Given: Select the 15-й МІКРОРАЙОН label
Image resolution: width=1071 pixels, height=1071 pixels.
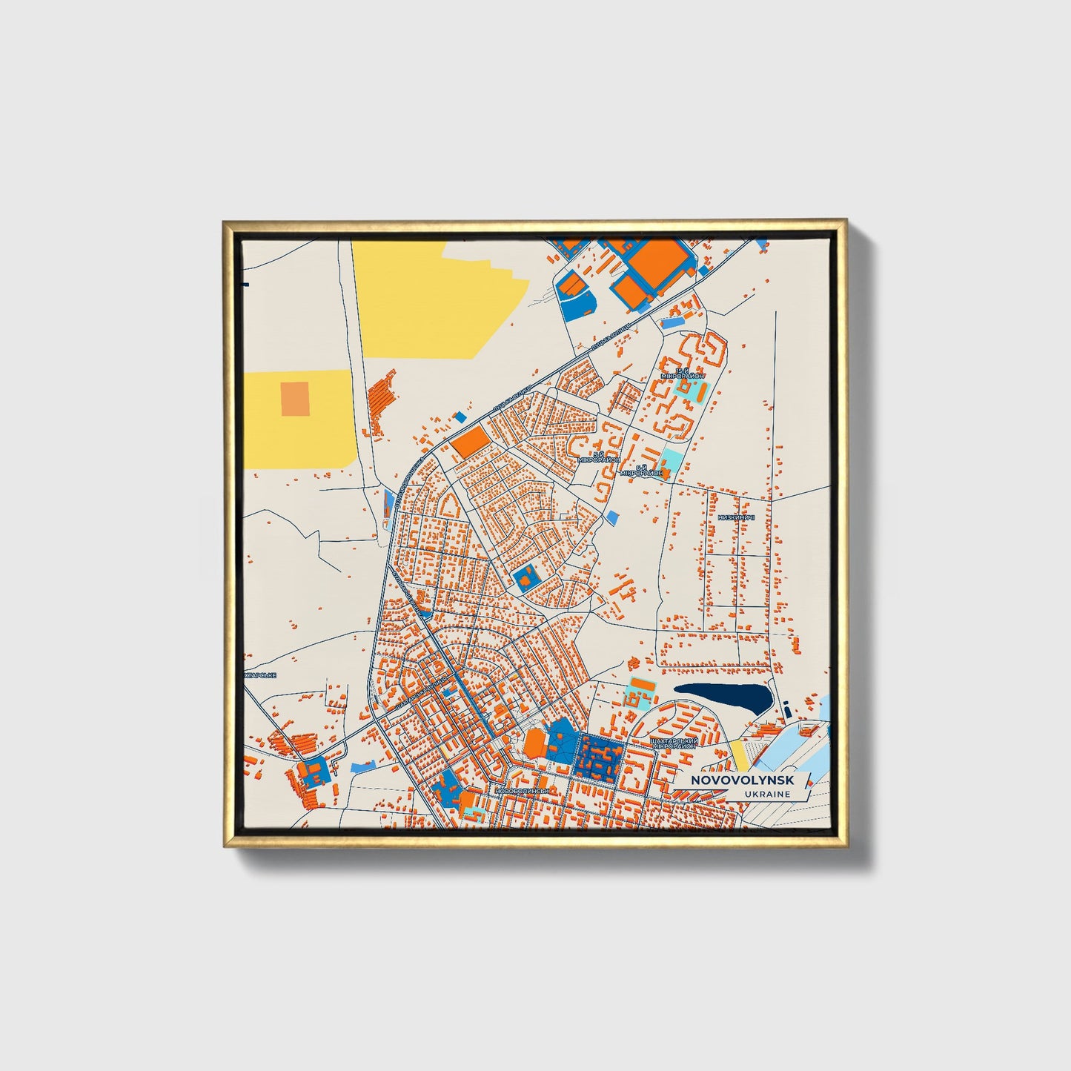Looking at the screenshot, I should pos(689,373).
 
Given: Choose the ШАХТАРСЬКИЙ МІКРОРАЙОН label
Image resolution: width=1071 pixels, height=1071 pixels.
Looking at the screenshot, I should pos(672,743).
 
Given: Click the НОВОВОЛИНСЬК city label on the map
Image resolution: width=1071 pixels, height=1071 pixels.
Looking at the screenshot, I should pos(523,791).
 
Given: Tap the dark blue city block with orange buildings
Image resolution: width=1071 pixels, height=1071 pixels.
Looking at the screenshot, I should pos(601,757).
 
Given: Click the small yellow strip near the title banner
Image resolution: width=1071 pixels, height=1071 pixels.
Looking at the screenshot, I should pos(740,754).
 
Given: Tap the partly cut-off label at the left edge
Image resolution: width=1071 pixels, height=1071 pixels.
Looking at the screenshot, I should pos(260,675).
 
